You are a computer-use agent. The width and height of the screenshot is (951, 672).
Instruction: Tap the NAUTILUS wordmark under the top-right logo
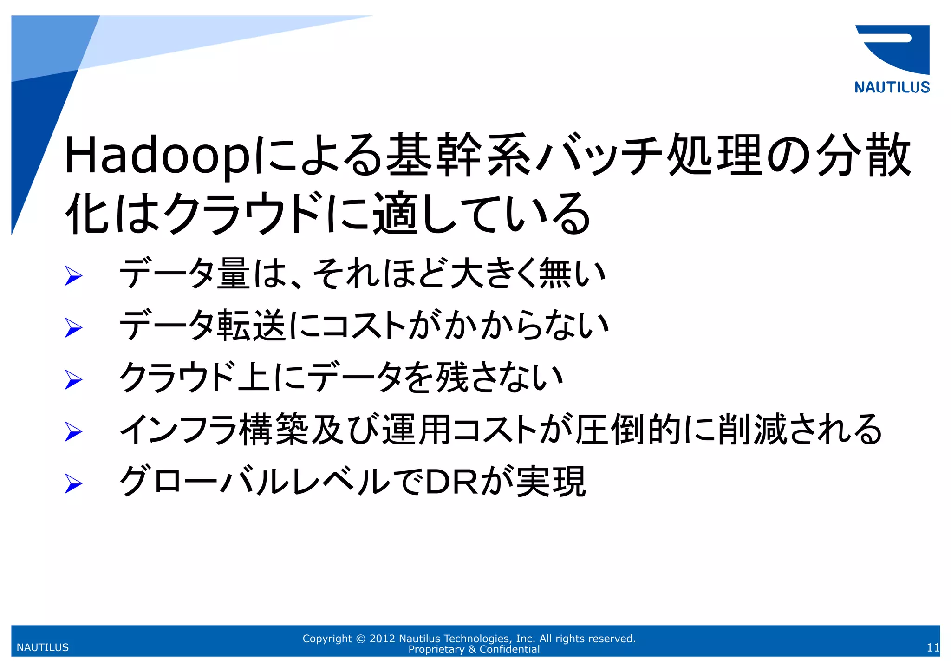tap(892, 87)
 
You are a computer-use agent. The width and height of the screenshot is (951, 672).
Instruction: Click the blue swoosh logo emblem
tap(894, 49)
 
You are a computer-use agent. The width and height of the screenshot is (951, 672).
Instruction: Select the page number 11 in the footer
tap(933, 647)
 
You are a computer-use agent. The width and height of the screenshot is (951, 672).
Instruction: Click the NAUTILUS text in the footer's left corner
tap(43, 647)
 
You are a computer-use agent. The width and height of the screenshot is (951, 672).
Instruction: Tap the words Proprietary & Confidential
tap(474, 649)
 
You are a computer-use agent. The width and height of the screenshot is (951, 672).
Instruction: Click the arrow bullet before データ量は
tap(73, 276)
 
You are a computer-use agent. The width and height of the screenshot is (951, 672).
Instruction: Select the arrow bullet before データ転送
tap(73, 328)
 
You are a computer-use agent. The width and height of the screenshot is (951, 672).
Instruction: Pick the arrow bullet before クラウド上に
tap(73, 380)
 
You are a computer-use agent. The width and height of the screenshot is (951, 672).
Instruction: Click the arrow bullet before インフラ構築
tap(73, 432)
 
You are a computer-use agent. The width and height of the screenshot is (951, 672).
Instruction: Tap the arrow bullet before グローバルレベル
tap(73, 484)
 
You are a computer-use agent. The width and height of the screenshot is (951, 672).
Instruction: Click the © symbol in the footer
tap(360, 639)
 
